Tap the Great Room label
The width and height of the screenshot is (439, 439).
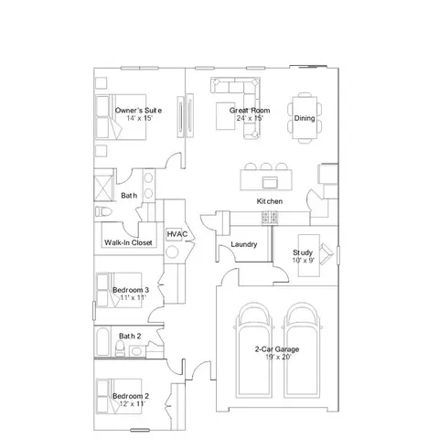pos(250,111)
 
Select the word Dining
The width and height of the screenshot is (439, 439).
pos(305,118)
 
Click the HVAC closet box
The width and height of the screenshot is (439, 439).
pos(177,235)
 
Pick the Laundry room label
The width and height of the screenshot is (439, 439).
pos(244,244)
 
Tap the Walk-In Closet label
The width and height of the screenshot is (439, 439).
pos(128,242)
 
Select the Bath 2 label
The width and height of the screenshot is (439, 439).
pos(130,337)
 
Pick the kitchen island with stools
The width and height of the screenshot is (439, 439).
pos(266,174)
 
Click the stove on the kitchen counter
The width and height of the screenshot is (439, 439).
pos(270,217)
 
